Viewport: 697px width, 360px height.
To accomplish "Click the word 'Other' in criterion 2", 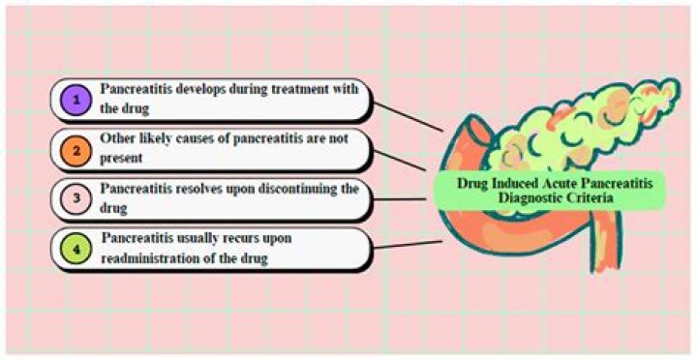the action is [118, 137].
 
